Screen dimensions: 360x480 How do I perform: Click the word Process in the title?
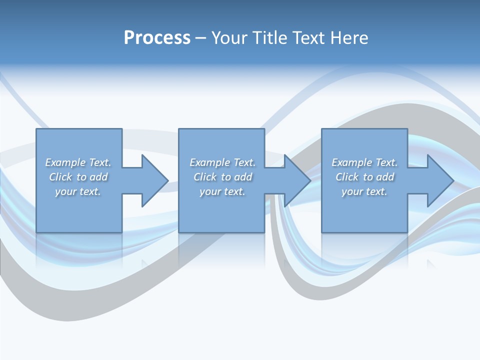coord(157,38)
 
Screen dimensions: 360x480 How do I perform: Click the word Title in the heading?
coord(269,38)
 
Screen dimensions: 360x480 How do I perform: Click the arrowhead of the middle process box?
coord(296,180)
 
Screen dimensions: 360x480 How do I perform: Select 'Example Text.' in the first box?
coord(78,162)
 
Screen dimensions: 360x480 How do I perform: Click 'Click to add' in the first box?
coord(78,177)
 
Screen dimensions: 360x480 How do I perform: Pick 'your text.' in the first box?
coord(78,191)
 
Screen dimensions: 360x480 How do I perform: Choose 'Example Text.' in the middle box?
coord(222,162)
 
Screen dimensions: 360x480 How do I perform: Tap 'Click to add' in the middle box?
coord(222,177)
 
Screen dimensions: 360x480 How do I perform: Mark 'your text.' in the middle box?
coord(222,191)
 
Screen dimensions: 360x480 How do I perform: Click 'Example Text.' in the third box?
coord(364,162)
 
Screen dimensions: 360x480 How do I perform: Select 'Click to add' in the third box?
coord(364,177)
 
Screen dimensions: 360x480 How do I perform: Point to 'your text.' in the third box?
coord(364,191)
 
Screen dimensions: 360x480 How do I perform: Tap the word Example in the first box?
coord(65,162)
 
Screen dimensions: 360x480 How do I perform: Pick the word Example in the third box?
coord(351,162)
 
